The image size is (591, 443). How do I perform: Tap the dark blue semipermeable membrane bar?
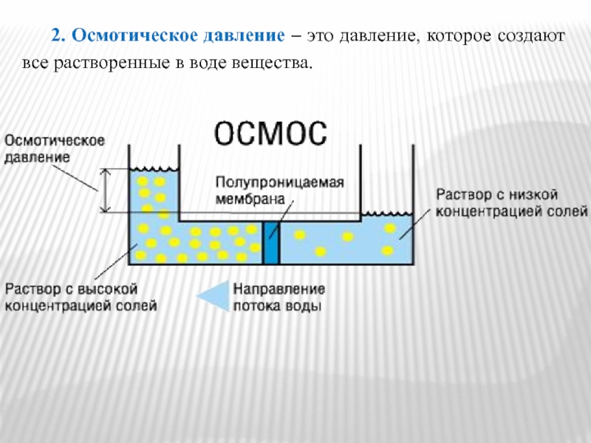click(272, 243)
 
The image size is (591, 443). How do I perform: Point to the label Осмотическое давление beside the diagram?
click(55, 148)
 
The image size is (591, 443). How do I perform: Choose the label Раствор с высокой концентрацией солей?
click(81, 295)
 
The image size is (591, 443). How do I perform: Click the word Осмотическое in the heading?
click(126, 35)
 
